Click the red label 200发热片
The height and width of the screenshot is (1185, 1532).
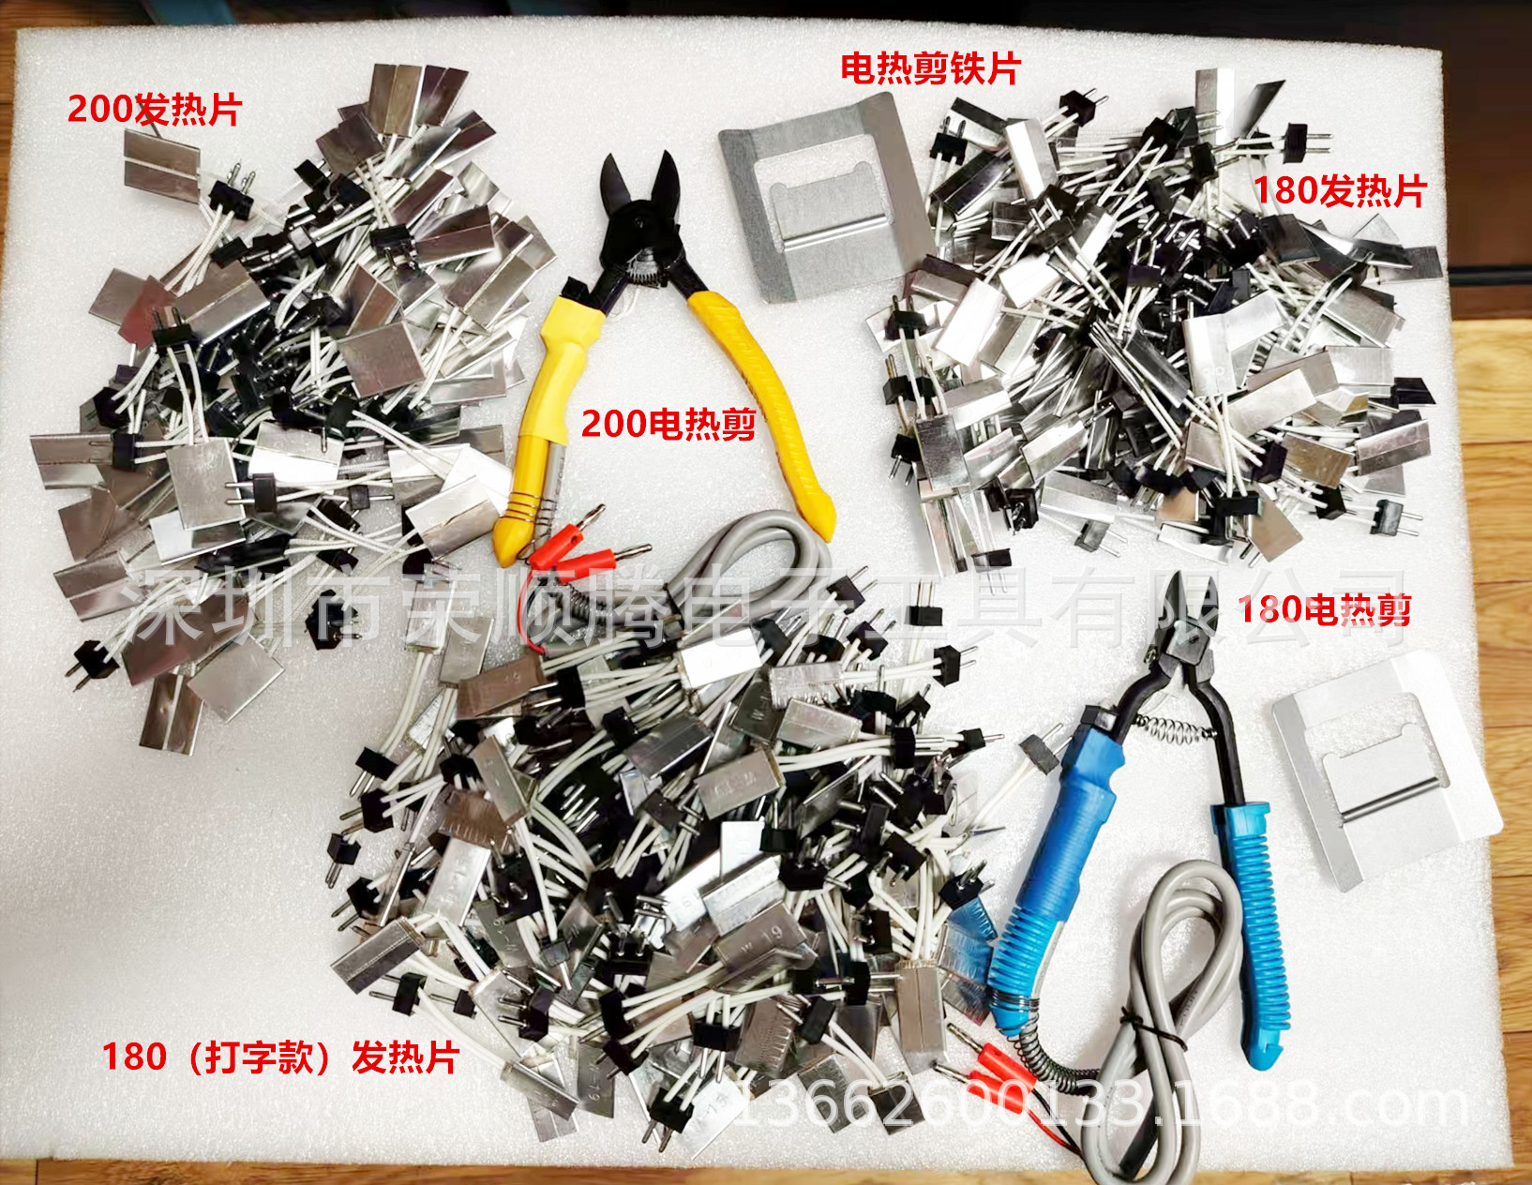(x=155, y=110)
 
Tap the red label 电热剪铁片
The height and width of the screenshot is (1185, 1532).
(x=930, y=68)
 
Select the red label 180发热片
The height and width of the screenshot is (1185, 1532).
(x=1340, y=191)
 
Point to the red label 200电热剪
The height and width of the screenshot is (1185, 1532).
(x=668, y=424)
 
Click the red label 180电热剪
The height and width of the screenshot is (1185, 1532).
(x=1325, y=610)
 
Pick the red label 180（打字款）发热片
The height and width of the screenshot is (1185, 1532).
(x=280, y=1057)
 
